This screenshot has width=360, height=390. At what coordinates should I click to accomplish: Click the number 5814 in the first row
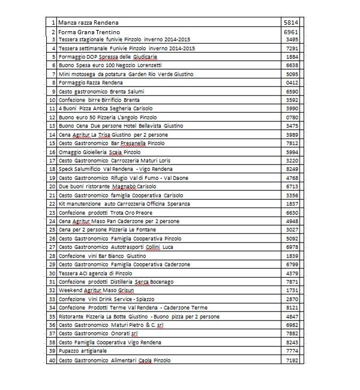290,22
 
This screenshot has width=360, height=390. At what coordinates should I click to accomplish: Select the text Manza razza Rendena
88,22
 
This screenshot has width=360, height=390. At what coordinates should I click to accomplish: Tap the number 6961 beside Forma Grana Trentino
290,31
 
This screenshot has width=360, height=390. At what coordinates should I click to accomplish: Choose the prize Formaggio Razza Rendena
91,82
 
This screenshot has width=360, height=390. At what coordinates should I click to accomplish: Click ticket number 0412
292,82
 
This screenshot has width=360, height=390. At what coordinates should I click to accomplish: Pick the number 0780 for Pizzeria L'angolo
292,117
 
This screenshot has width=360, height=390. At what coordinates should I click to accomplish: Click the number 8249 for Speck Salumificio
292,170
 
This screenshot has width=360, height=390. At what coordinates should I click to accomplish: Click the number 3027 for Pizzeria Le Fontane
292,230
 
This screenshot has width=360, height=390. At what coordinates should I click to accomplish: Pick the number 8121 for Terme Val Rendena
292,308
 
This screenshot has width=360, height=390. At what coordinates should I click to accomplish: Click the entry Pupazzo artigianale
83,351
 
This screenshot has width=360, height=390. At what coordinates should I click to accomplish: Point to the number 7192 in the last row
292,361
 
